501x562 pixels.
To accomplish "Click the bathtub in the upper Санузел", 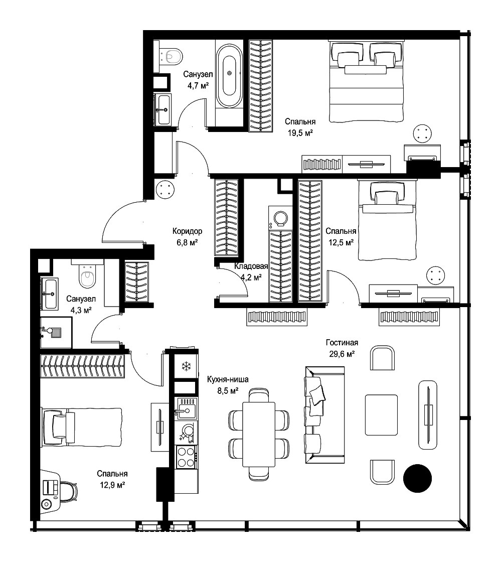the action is click(x=229, y=76).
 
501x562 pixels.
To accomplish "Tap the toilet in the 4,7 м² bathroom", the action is click(x=171, y=56).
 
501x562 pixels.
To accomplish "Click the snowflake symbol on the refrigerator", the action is click(x=186, y=366).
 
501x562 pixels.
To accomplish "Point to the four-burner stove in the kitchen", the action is click(x=186, y=457).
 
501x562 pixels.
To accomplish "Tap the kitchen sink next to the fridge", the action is click(x=186, y=408).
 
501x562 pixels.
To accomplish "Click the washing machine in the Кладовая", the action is click(x=280, y=218).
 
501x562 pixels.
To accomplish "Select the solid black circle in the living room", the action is click(x=418, y=478).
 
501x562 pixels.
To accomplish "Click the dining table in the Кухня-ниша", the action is click(x=259, y=434).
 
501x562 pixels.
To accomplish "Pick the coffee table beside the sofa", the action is click(x=381, y=414).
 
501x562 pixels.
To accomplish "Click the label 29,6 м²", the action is click(x=342, y=354).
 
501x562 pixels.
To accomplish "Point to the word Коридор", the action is click(x=187, y=231).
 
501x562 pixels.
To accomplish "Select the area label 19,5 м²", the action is click(x=300, y=133).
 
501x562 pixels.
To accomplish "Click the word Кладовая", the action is click(x=251, y=266).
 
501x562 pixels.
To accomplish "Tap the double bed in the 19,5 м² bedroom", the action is click(x=366, y=82).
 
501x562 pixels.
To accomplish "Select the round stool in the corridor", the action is click(x=165, y=189).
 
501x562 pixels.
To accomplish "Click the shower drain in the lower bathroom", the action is click(x=56, y=332).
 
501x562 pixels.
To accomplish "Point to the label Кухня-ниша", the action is click(x=228, y=379).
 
